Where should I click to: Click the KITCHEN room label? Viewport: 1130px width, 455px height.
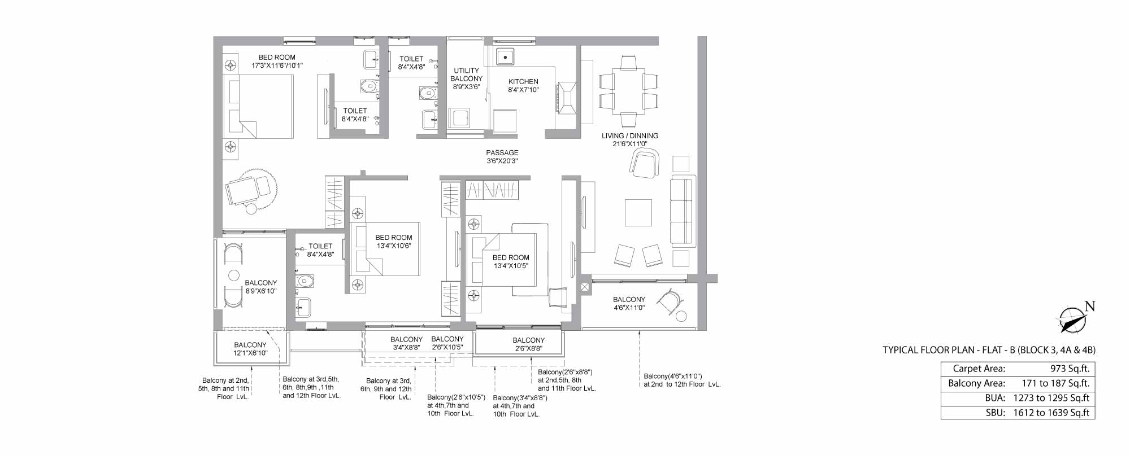pos(523,81)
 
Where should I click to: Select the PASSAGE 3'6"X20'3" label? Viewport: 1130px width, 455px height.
pos(502,157)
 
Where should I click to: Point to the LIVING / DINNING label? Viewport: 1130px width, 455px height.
pos(630,135)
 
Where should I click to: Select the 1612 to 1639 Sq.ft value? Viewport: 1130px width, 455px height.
pos(1051,413)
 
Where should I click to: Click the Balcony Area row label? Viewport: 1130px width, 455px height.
pos(977,383)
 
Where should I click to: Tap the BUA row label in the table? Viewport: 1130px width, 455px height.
pos(995,398)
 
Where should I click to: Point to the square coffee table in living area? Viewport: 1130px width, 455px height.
pos(638,213)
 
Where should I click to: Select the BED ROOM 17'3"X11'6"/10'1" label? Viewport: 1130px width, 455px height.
pos(277,61)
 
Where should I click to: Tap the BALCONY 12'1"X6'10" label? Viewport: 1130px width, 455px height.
pos(250,349)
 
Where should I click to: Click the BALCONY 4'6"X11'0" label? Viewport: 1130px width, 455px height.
pos(629,304)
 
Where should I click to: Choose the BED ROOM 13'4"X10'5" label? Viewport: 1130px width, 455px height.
pos(511,261)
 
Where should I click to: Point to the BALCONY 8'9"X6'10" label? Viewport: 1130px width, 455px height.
pos(261,287)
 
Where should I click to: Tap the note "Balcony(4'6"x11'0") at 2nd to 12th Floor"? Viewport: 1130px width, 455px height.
pos(682,380)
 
